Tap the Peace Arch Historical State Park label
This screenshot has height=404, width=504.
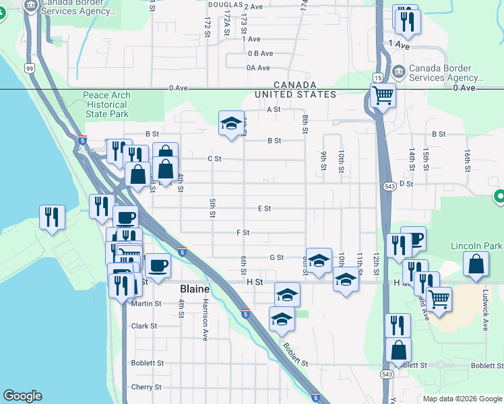[106, 104]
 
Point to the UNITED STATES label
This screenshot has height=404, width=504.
[295, 94]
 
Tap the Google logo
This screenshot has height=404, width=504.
[22, 396]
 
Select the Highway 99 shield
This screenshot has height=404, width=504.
[30, 68]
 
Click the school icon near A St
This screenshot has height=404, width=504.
[231, 123]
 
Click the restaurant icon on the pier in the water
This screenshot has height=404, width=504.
[52, 217]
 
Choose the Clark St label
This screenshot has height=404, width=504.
[144, 326]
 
